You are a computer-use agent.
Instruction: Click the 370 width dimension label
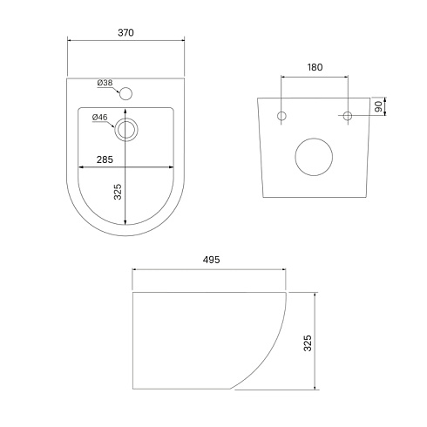(x=125, y=32)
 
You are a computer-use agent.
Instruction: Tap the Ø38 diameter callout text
(x=105, y=83)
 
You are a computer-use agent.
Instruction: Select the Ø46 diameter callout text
(x=100, y=118)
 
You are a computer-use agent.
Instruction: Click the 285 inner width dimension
(x=105, y=159)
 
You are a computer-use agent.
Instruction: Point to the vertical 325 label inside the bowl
(x=118, y=192)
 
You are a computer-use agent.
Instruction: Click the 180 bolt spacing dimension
(x=315, y=67)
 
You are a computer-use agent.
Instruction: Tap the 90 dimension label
(x=378, y=106)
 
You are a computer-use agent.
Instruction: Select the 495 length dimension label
(x=211, y=260)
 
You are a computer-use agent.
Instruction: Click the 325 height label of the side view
(x=308, y=343)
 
